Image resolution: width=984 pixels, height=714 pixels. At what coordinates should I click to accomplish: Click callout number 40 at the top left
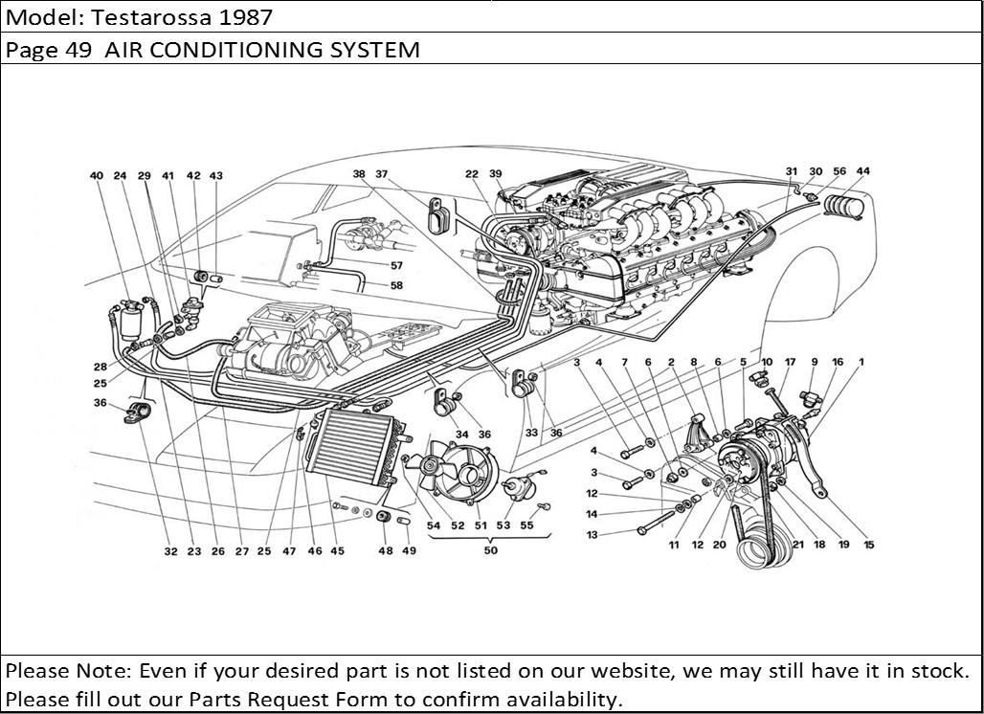tap(96, 176)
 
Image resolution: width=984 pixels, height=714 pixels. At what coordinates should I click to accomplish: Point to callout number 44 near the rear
tap(863, 172)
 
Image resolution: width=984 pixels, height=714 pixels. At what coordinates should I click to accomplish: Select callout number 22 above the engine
tap(472, 174)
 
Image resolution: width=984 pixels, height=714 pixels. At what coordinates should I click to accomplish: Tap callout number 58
tap(396, 284)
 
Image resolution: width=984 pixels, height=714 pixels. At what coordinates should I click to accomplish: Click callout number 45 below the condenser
tap(337, 550)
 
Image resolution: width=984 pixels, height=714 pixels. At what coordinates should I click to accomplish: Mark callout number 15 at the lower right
tap(868, 545)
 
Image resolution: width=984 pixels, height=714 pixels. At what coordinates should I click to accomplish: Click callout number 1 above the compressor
tap(861, 362)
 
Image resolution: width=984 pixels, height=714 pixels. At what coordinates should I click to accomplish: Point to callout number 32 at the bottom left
tap(170, 550)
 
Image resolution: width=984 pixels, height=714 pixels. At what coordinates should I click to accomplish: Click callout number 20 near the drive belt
tap(720, 545)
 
